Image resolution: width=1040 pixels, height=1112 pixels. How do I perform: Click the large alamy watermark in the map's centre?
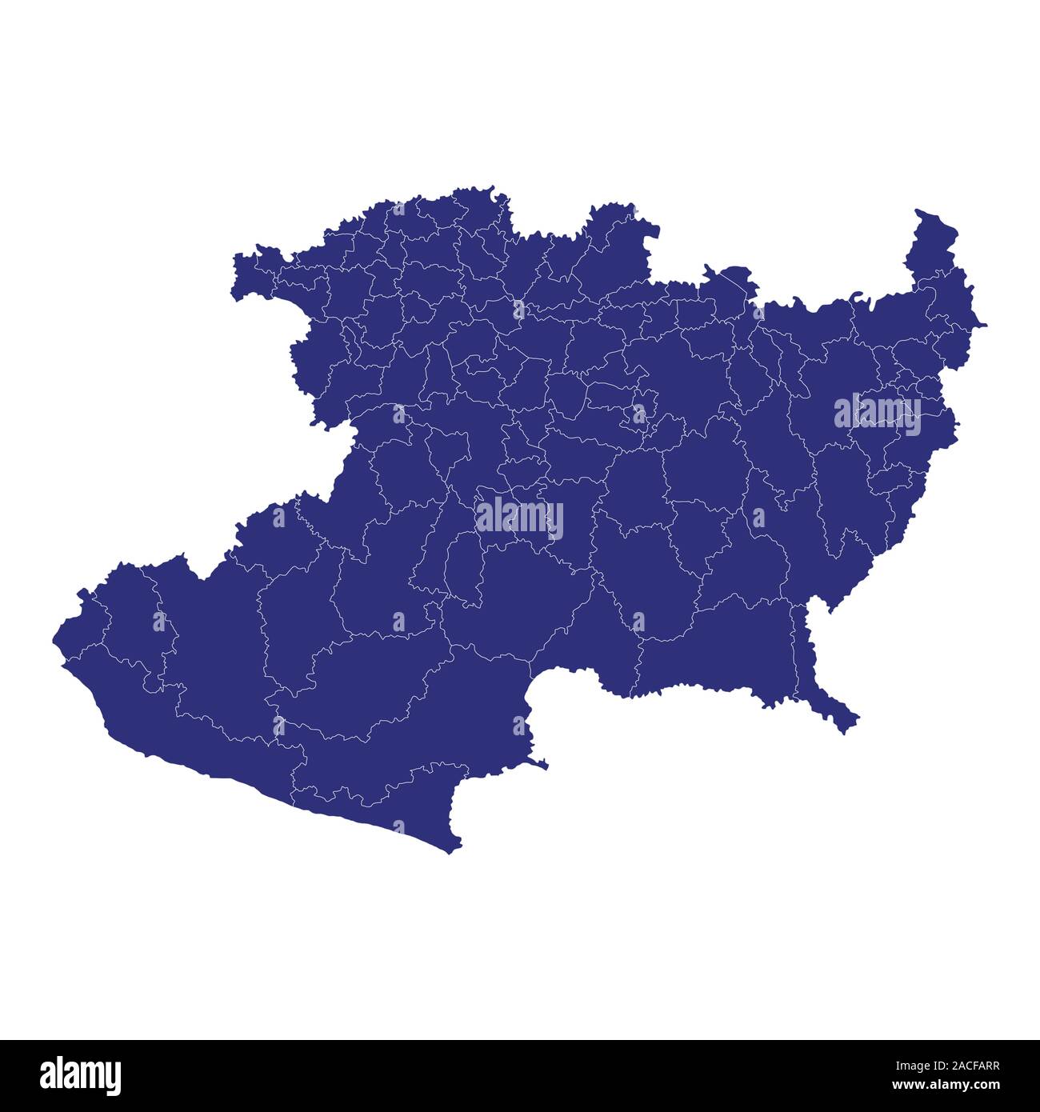[x=519, y=518]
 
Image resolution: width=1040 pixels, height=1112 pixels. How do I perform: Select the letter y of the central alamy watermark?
[x=554, y=521]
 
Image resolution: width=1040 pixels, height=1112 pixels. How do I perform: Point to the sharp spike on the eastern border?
[x=981, y=325]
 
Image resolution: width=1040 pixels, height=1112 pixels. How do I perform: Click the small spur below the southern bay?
[x=541, y=764]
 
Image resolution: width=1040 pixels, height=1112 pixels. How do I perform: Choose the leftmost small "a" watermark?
[x=158, y=621]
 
